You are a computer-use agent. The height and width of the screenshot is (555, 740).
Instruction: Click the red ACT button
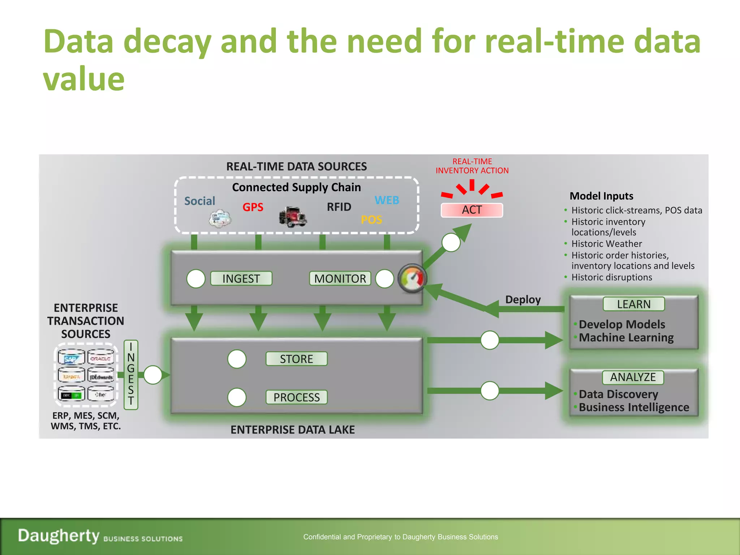pos(472,210)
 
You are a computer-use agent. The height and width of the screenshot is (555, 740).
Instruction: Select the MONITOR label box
pos(340,279)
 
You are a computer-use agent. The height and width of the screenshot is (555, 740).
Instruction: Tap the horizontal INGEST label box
pos(241,279)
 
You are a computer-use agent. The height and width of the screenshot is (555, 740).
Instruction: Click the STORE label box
pos(296,359)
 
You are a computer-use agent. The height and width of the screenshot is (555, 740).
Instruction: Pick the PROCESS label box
pos(296,397)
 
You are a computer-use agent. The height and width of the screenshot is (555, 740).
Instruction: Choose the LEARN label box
pos(633,304)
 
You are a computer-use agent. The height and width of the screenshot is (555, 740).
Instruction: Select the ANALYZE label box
pos(633,377)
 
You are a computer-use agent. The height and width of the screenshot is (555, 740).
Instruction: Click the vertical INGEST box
pos(131,374)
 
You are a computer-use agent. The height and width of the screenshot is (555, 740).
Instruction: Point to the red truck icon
pos(293,216)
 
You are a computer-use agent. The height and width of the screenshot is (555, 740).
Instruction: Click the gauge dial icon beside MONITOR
pos(412,279)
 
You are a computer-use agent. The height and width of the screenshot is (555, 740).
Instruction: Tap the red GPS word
pos(253,207)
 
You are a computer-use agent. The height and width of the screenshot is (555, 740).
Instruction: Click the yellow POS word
pos(371,220)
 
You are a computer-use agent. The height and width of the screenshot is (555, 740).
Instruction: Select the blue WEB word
pos(387,200)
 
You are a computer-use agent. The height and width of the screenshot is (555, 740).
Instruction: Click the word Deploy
pos(523,300)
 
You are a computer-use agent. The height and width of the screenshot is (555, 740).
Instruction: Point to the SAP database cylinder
pos(71,357)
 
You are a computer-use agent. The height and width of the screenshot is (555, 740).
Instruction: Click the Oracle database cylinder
pos(101,357)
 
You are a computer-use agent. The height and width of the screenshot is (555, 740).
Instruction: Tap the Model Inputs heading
pos(601,196)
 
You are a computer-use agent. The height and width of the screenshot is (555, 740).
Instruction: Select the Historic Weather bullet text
pos(607,244)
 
